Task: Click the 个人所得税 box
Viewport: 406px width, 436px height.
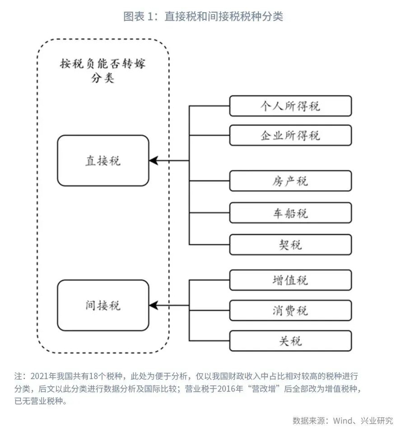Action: tap(291, 106)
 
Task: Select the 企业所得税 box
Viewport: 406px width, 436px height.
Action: tap(291, 136)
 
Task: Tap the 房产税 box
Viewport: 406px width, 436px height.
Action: tap(291, 181)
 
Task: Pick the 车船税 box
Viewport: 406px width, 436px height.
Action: tap(291, 213)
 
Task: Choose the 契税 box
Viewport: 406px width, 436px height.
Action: tap(291, 245)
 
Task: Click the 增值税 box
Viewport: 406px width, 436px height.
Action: tap(291, 280)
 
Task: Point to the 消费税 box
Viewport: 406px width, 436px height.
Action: tap(291, 310)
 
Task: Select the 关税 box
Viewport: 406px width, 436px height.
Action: tap(291, 341)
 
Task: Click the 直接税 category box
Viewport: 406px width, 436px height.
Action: tap(103, 161)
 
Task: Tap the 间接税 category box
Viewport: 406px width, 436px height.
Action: tap(103, 306)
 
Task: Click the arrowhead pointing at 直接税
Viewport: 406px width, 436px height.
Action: tap(154, 161)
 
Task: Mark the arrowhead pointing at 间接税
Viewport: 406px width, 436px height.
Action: tap(154, 306)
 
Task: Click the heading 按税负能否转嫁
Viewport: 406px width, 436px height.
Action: tap(103, 64)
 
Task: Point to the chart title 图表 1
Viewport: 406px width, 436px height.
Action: tap(138, 16)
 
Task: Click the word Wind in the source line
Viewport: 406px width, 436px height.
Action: tap(343, 420)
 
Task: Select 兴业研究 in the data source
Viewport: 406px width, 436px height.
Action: tap(377, 420)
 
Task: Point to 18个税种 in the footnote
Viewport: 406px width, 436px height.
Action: tap(106, 376)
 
